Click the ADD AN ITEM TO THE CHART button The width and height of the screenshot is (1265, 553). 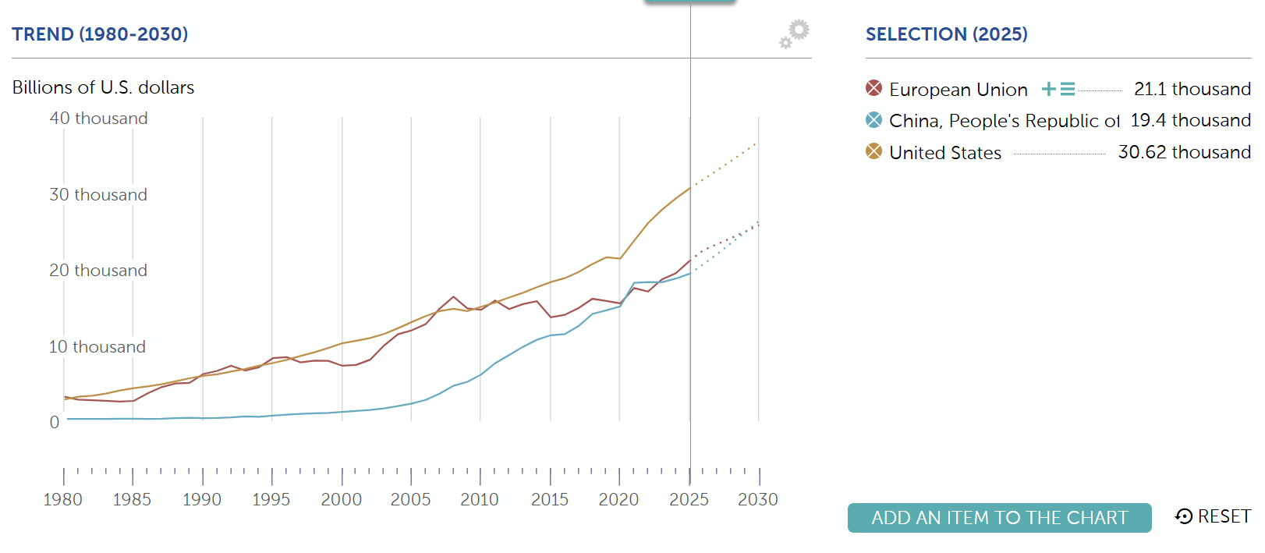pyautogui.click(x=999, y=518)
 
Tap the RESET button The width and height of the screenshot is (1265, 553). pyautogui.click(x=1213, y=516)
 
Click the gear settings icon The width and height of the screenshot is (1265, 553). pyautogui.click(x=795, y=33)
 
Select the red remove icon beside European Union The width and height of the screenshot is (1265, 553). pyautogui.click(x=873, y=88)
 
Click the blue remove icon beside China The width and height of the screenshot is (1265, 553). pyautogui.click(x=873, y=120)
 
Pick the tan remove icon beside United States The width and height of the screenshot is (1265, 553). pyautogui.click(x=873, y=151)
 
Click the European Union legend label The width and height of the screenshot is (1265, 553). pyautogui.click(x=958, y=90)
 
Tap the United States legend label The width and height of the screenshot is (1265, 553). pyautogui.click(x=944, y=153)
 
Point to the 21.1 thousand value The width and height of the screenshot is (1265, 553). pyautogui.click(x=1192, y=89)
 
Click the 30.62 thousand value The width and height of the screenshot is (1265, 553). pyautogui.click(x=1184, y=152)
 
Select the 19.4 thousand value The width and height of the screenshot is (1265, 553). pyautogui.click(x=1190, y=120)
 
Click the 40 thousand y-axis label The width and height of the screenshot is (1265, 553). pyautogui.click(x=98, y=119)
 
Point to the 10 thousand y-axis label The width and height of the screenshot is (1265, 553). pyautogui.click(x=97, y=347)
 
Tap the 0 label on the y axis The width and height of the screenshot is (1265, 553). pyautogui.click(x=55, y=423)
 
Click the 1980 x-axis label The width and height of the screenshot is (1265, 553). pyautogui.click(x=63, y=500)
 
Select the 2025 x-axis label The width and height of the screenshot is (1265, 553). pyautogui.click(x=689, y=500)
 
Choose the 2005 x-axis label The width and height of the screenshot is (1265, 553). pyautogui.click(x=410, y=500)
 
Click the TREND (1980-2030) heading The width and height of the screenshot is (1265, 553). pyautogui.click(x=100, y=34)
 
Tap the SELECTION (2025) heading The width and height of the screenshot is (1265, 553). pyautogui.click(x=946, y=34)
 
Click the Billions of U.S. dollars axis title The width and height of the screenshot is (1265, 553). pyautogui.click(x=103, y=87)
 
